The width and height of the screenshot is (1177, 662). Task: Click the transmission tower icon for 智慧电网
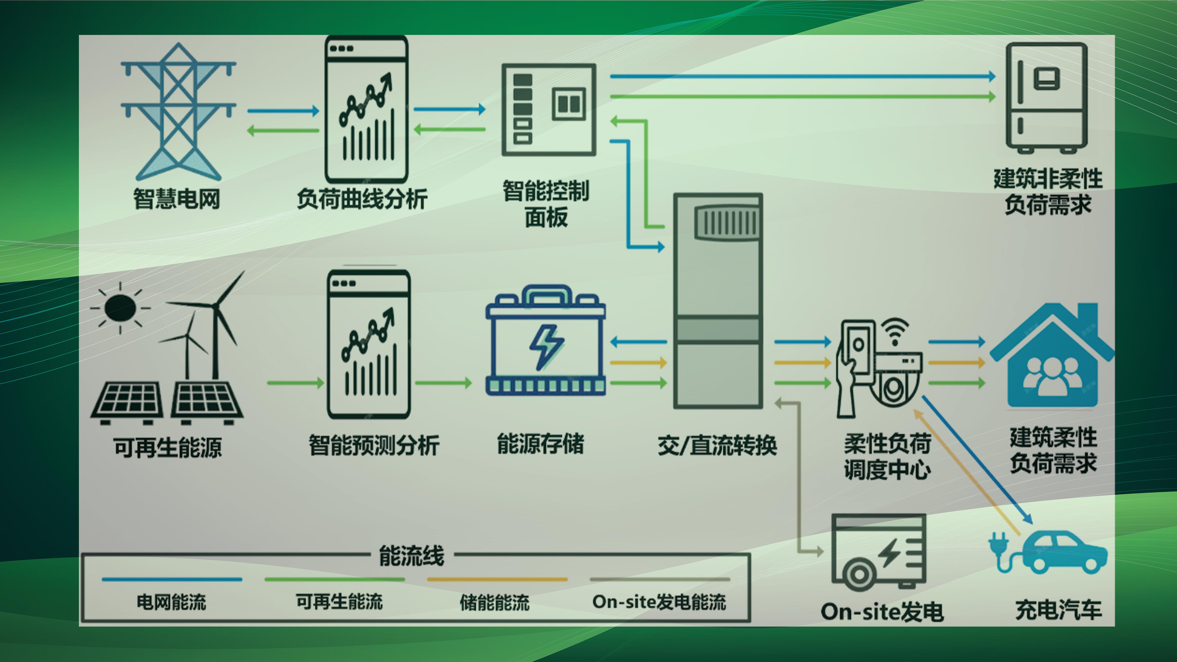tap(178, 112)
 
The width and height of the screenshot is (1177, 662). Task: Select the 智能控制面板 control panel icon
tap(548, 110)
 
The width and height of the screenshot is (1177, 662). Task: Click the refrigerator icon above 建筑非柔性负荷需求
tap(1046, 98)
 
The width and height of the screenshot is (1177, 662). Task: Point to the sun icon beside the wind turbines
tap(120, 307)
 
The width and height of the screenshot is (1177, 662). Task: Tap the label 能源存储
tap(540, 444)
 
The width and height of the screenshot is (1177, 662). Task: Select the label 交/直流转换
tap(717, 446)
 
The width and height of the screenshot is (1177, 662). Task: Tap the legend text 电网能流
tap(171, 602)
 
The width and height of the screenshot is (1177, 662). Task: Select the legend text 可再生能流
tap(339, 602)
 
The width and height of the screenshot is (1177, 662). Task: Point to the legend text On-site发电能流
tap(659, 602)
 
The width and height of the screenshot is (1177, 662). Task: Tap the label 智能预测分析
tap(374, 446)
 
